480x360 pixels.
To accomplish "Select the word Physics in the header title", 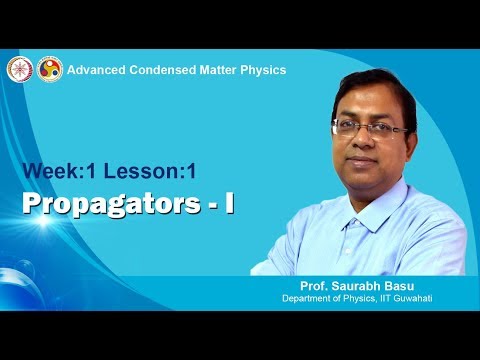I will [264, 70].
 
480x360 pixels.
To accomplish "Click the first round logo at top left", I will [18, 70].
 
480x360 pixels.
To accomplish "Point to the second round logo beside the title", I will [49, 70].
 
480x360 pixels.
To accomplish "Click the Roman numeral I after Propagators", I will [229, 202].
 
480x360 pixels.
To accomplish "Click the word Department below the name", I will [310, 298].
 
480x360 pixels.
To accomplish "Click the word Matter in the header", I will [220, 70].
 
